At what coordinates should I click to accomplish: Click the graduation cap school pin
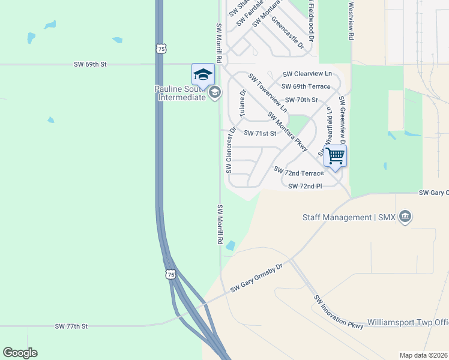(x=203, y=75)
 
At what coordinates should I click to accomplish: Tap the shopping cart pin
(x=335, y=156)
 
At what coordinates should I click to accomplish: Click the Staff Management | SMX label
(x=349, y=217)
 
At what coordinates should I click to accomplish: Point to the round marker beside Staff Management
(x=405, y=217)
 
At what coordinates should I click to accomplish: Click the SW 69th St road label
(x=90, y=63)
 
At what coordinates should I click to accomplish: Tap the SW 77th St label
(x=71, y=326)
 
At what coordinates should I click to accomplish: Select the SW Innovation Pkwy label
(x=339, y=312)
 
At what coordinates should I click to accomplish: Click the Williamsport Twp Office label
(x=408, y=322)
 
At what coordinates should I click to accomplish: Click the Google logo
(x=20, y=353)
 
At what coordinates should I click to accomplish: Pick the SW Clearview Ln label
(x=307, y=74)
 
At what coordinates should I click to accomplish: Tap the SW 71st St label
(x=259, y=133)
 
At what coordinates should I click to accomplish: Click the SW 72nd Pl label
(x=305, y=186)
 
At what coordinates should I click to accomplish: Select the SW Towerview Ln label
(x=267, y=94)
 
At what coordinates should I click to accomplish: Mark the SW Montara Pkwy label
(x=288, y=131)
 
